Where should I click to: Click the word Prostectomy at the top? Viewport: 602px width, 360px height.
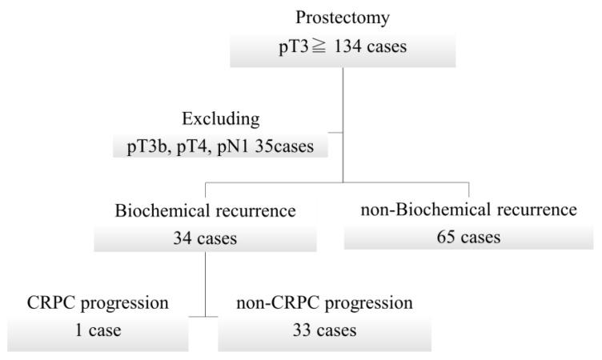342,16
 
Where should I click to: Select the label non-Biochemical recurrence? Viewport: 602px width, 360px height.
468,212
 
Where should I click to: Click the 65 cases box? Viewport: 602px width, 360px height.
469,238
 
